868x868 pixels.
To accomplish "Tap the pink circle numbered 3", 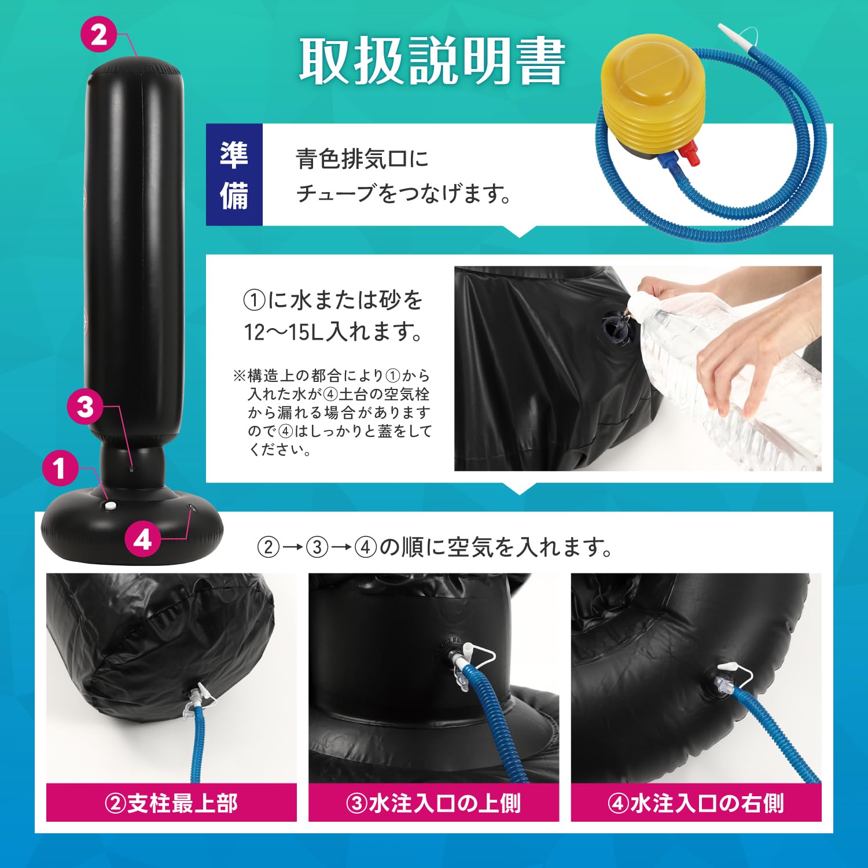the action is [x=85, y=406].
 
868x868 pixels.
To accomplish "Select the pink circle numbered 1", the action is [x=60, y=468].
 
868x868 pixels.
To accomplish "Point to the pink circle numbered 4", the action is [x=143, y=539].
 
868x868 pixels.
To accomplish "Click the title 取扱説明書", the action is [x=432, y=61].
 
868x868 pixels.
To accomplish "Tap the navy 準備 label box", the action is [x=234, y=174].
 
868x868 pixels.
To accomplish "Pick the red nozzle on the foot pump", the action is [x=689, y=153].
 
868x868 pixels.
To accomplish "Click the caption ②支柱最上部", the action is [x=171, y=803].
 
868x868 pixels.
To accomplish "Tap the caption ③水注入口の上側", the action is [x=433, y=803].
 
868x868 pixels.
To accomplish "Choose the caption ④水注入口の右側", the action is [x=696, y=803].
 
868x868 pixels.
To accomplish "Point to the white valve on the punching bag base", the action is [x=109, y=506].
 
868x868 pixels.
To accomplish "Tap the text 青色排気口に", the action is [x=362, y=159].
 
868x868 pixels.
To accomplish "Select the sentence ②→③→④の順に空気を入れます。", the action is [x=435, y=546].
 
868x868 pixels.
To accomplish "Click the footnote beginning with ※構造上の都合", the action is [x=332, y=413].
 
